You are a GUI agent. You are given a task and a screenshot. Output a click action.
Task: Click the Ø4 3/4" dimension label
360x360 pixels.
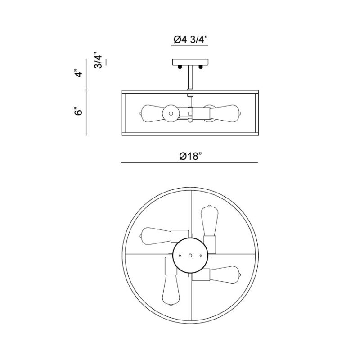click(x=190, y=40)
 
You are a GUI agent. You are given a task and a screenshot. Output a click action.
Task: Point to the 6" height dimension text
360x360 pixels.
click(x=78, y=111)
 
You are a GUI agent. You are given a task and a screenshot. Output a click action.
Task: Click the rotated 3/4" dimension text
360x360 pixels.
click(x=98, y=60)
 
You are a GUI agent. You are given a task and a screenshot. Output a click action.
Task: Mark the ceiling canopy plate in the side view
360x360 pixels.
click(x=190, y=62)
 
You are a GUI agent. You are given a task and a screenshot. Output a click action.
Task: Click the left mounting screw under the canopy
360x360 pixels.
click(x=180, y=67)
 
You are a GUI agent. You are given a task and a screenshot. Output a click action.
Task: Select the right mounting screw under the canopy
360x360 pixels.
click(x=201, y=67)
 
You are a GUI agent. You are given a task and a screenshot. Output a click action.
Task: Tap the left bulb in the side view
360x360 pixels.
click(x=152, y=114)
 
